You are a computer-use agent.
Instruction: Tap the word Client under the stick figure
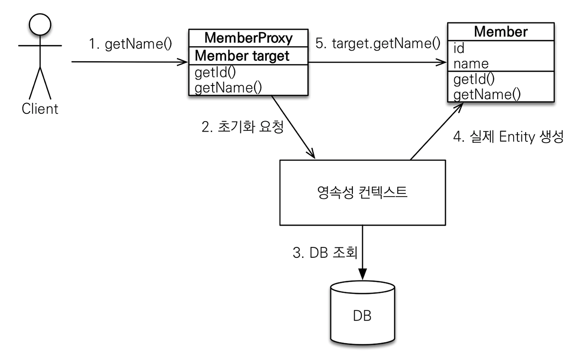[x=40, y=109]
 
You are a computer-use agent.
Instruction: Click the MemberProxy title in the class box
[x=249, y=38]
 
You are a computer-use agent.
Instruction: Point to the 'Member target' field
[x=242, y=56]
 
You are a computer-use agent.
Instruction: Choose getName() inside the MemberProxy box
[x=228, y=87]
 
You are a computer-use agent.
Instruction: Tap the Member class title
[x=500, y=32]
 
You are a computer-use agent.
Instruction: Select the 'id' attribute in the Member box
[x=459, y=48]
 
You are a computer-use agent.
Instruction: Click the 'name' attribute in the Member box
[x=471, y=63]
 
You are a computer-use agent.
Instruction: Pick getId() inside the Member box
[x=474, y=79]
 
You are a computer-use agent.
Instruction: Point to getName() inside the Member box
[x=487, y=94]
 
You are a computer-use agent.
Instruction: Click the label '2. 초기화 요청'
[x=243, y=127]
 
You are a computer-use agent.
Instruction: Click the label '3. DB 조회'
[x=324, y=253]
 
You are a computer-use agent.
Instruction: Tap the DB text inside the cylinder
[x=362, y=315]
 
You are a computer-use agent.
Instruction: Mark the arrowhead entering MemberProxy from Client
[x=185, y=64]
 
